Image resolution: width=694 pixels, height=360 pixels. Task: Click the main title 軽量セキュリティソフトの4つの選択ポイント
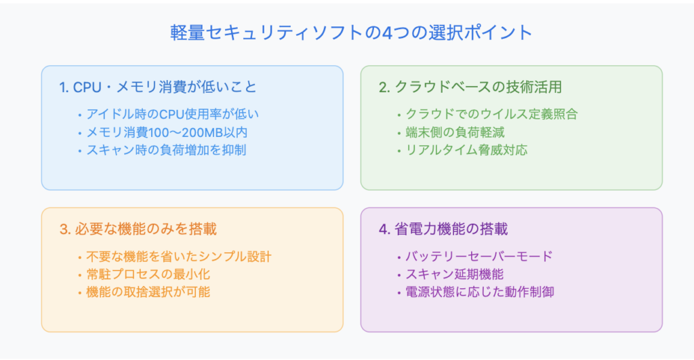(351, 33)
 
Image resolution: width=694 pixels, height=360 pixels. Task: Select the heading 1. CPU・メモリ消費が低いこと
(158, 87)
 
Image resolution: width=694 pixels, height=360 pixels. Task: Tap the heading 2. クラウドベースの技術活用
(470, 87)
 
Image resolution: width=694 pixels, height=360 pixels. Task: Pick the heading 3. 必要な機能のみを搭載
(138, 229)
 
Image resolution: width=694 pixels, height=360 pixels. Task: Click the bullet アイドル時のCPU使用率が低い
(172, 115)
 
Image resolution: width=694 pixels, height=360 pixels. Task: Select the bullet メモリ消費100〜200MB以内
(167, 132)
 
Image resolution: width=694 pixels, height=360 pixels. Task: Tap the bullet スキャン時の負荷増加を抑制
(166, 150)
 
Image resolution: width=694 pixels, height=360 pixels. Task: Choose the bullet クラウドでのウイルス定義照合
(492, 115)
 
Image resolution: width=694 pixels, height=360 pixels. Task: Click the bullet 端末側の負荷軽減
(455, 132)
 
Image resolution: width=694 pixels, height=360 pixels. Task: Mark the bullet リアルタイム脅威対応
(466, 150)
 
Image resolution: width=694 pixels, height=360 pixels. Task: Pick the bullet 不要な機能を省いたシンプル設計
(179, 256)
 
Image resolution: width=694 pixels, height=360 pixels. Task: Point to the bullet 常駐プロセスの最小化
(148, 274)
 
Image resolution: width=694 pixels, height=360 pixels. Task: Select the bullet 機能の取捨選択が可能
(148, 292)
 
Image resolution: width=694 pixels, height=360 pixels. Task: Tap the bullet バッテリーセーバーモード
(479, 256)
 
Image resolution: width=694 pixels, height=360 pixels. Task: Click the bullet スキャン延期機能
(455, 274)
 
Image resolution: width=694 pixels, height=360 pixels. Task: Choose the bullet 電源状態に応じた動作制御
(480, 292)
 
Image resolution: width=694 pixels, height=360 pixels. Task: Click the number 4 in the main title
(387, 33)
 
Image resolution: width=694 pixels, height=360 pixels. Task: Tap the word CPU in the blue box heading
(87, 87)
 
